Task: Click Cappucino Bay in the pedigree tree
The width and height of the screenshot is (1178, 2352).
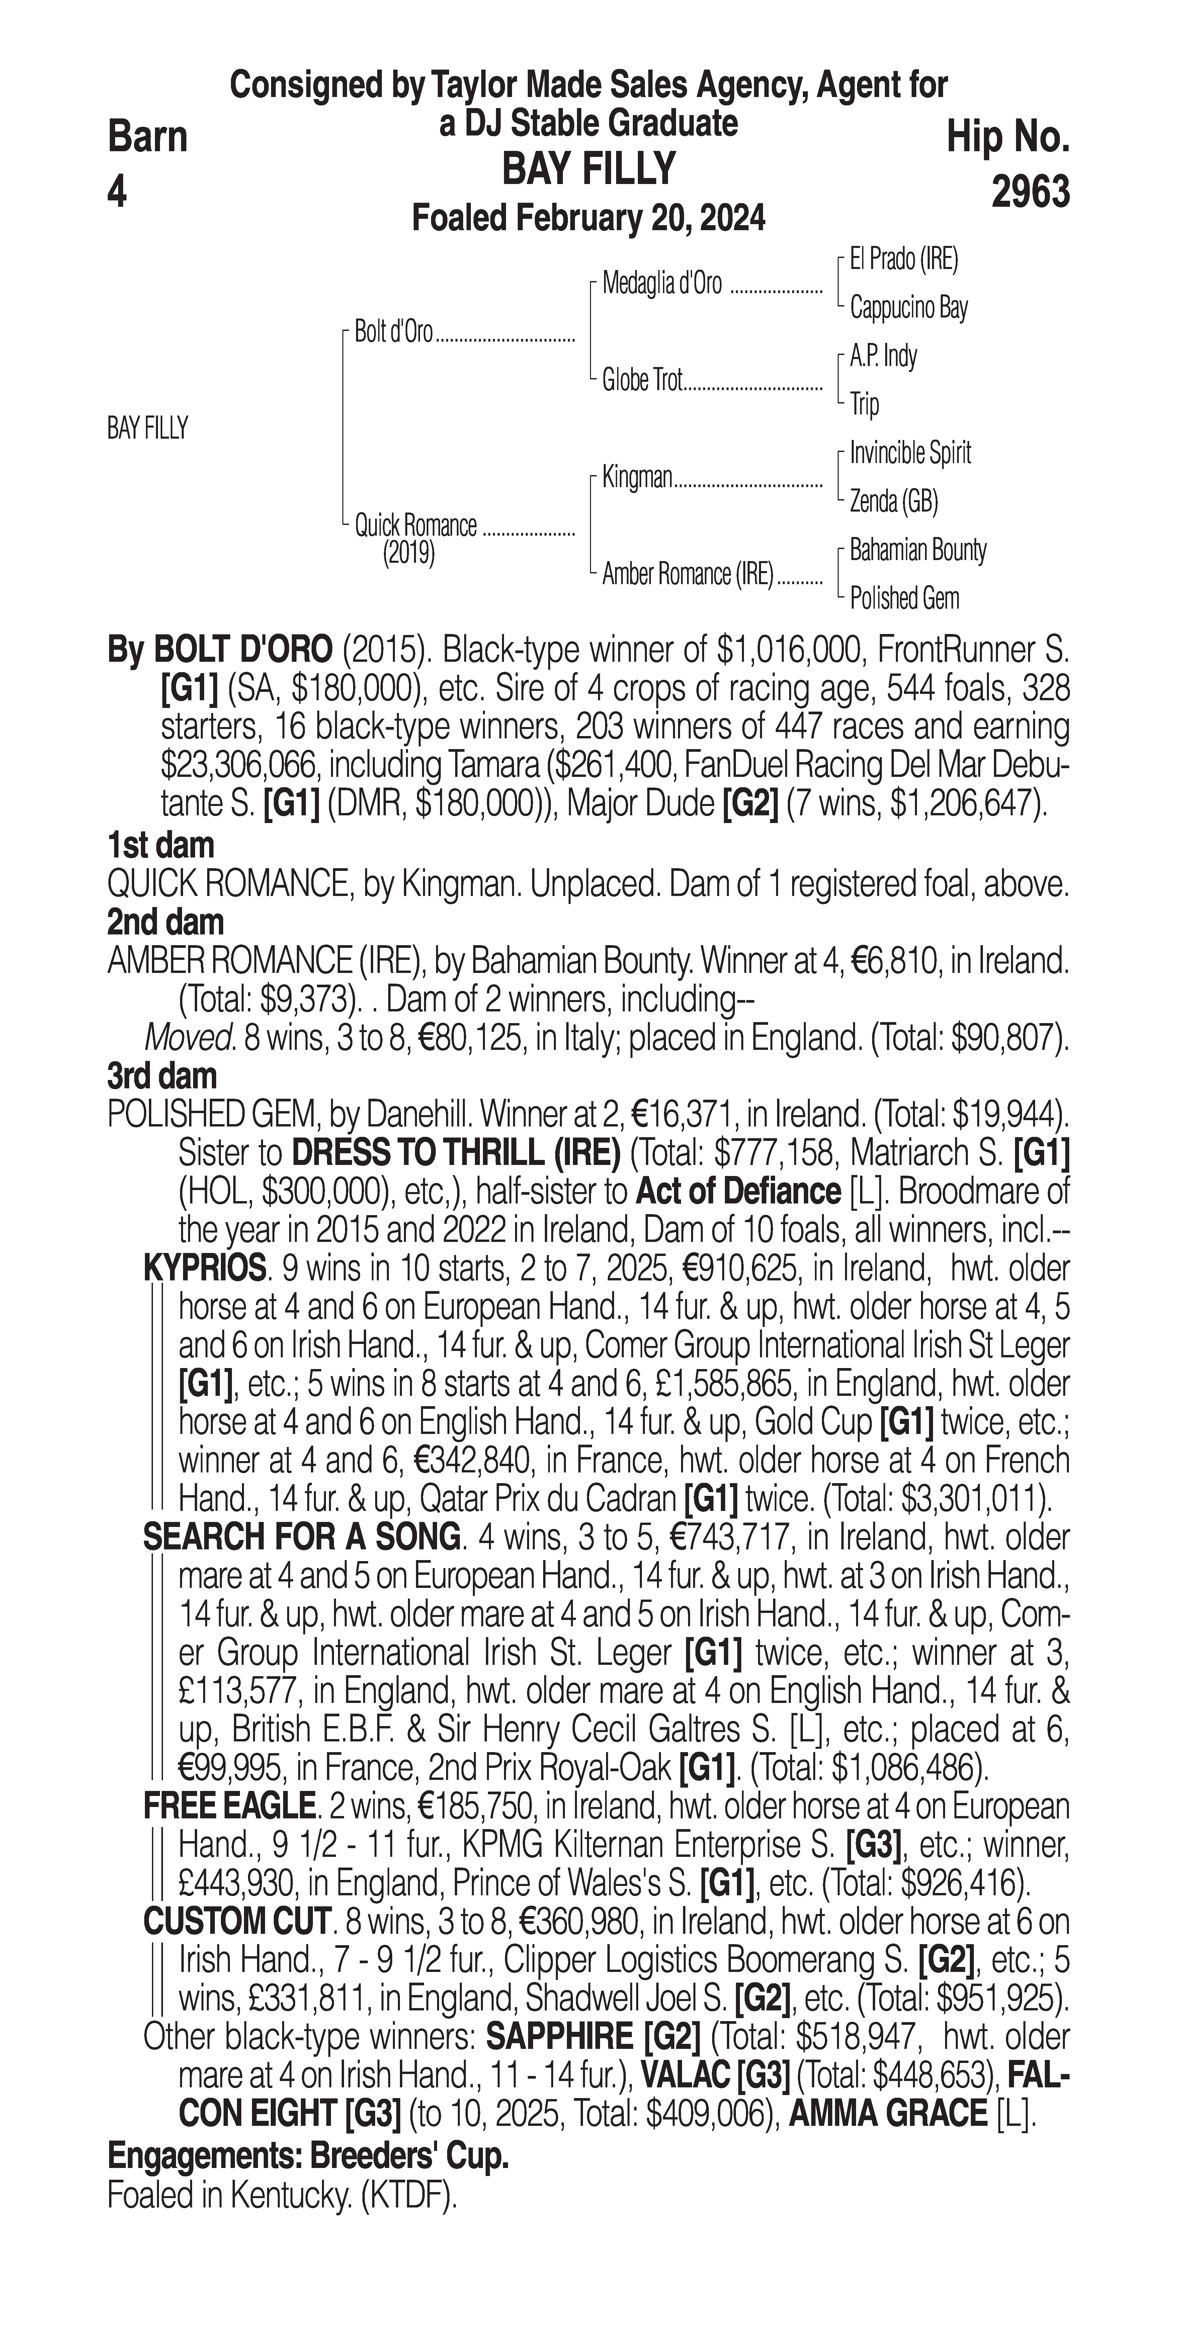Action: pyautogui.click(x=909, y=308)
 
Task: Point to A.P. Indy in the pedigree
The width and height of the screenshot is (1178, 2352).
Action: pyautogui.click(x=883, y=356)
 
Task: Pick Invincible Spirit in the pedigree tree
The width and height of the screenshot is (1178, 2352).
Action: pyautogui.click(x=910, y=453)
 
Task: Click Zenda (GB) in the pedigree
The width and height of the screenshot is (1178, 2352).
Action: pyautogui.click(x=894, y=501)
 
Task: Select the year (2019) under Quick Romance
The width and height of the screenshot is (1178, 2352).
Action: pyautogui.click(x=408, y=553)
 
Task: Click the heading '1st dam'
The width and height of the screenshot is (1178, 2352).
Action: pyautogui.click(x=161, y=845)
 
